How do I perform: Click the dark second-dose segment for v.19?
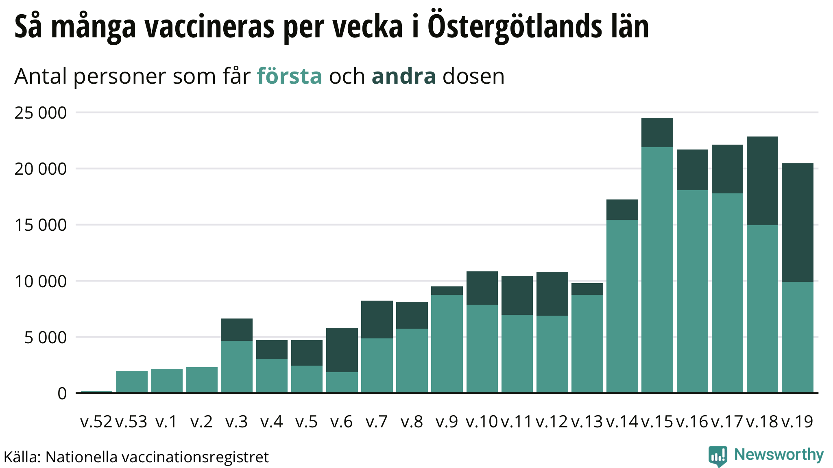pyautogui.click(x=797, y=223)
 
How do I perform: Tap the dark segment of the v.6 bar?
pyautogui.click(x=342, y=350)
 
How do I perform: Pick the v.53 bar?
pyautogui.click(x=131, y=381)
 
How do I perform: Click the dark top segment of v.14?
pyautogui.click(x=622, y=210)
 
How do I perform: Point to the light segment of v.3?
pyautogui.click(x=236, y=366)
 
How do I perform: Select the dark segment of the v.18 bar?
pyautogui.click(x=762, y=181)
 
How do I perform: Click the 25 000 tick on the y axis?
pyautogui.click(x=40, y=113)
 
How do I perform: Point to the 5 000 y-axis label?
pyautogui.click(x=45, y=338)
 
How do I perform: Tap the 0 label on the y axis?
pyautogui.click(x=62, y=394)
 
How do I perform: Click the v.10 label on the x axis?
pyautogui.click(x=482, y=422)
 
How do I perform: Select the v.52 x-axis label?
pyautogui.click(x=96, y=422)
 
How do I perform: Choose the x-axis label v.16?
pyautogui.click(x=692, y=422)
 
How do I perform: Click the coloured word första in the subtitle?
pyautogui.click(x=289, y=76)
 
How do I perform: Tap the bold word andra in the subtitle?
pyautogui.click(x=403, y=76)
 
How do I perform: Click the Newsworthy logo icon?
pyautogui.click(x=717, y=456)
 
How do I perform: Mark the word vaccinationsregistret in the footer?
pyautogui.click(x=195, y=457)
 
